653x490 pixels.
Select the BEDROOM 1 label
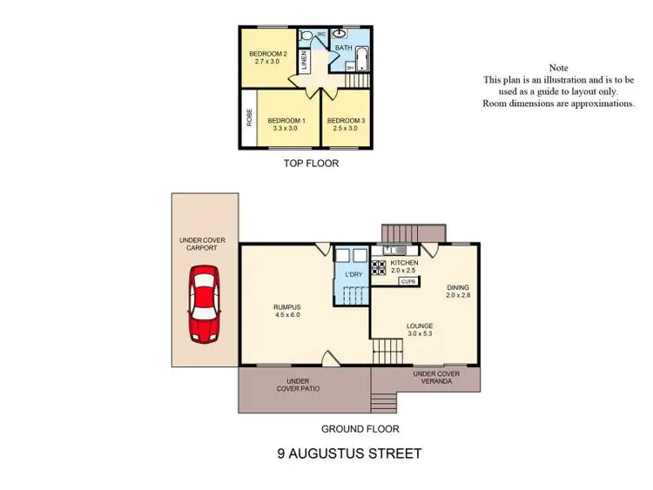(286, 124)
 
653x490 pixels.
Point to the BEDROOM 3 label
(346, 124)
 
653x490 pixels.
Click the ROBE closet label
(249, 116)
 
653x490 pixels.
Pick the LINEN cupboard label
(304, 60)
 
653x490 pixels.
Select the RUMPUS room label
(286, 311)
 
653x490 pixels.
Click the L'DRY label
(353, 275)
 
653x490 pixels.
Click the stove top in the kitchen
(379, 269)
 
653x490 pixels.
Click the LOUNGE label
(420, 329)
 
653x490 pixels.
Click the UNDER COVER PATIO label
(298, 385)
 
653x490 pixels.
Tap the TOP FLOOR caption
(311, 163)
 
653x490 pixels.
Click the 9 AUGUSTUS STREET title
(349, 453)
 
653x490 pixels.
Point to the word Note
(558, 68)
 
